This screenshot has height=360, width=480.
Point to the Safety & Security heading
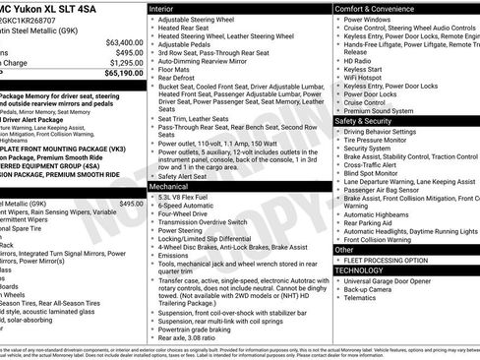pos(367,121)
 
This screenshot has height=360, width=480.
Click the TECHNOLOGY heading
pos(359,270)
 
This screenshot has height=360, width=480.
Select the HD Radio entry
pos(357,61)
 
